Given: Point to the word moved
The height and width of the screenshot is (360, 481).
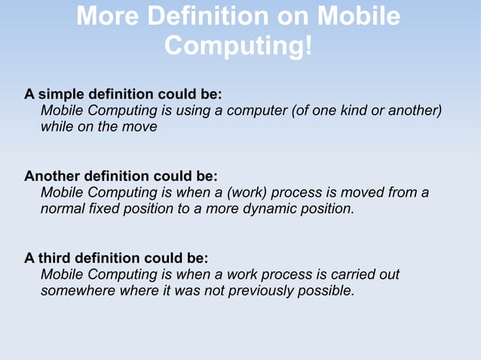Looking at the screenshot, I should [363, 192].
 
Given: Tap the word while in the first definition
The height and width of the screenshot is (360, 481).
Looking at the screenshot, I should [57, 127].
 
